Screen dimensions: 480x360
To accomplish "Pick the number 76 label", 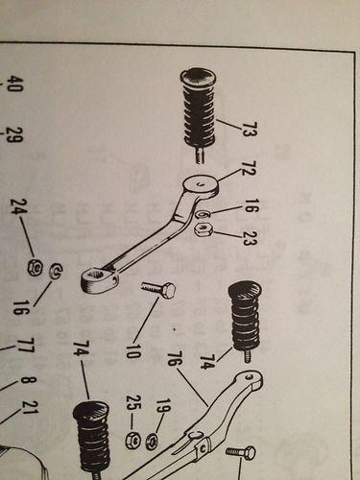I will coord(176,369).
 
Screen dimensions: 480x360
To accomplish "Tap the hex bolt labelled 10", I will coord(158,287).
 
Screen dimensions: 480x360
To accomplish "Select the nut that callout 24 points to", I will coord(34,266).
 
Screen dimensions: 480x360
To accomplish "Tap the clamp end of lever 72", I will coord(99,280).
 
